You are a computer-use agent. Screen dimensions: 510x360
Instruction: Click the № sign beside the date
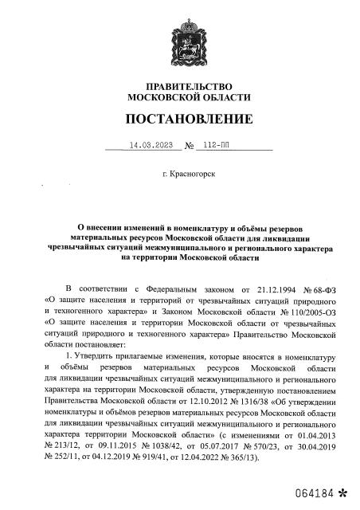[190, 147]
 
